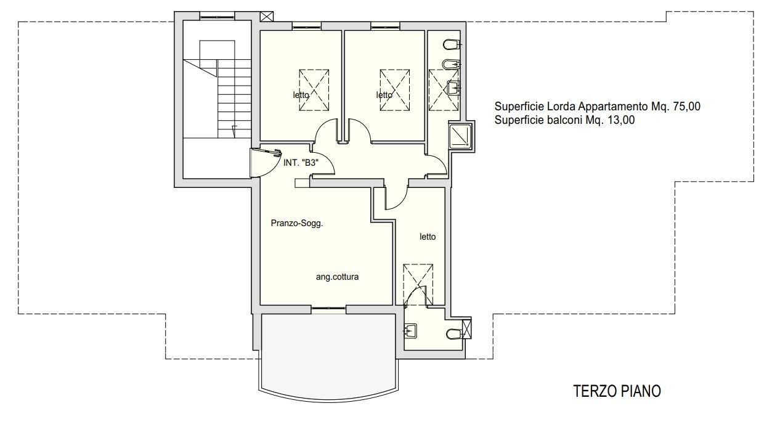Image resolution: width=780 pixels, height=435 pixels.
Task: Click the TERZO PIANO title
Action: point(617,391)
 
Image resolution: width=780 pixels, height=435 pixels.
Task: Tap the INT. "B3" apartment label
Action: point(301,163)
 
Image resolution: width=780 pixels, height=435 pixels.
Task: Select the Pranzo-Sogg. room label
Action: point(297,223)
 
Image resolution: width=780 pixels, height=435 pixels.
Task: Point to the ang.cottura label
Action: point(337,277)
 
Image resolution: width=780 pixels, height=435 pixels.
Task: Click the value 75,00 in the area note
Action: point(686,107)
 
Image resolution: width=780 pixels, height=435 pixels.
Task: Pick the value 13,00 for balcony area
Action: point(621,120)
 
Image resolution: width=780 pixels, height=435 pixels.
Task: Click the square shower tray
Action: point(460,136)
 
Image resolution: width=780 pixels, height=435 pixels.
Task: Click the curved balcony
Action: point(328,356)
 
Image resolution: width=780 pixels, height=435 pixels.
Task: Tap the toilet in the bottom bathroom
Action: point(453,335)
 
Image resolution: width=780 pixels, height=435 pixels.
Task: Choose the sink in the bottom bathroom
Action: point(410,330)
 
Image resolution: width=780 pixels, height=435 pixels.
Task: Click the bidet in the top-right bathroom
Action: point(451,65)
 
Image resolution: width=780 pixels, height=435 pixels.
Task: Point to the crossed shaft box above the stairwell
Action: point(267,17)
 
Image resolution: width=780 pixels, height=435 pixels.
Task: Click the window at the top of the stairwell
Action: point(217,16)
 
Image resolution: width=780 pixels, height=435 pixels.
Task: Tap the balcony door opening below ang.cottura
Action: point(328,308)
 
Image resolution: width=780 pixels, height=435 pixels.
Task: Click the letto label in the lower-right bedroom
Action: point(428,237)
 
